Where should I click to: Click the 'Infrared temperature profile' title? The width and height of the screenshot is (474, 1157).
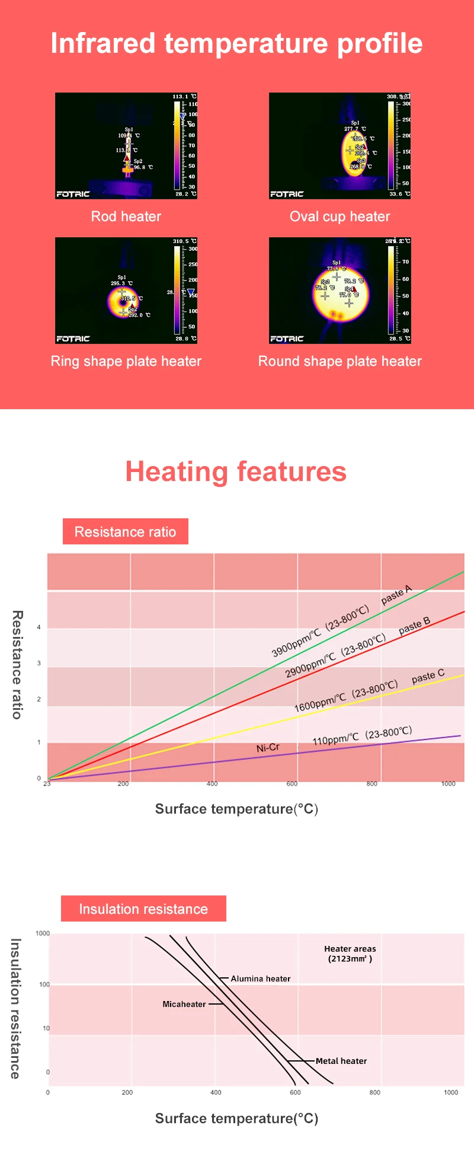coord(236,43)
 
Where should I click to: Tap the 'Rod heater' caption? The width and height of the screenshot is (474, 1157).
coord(126,216)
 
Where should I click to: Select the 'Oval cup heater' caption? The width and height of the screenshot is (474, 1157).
coord(340,216)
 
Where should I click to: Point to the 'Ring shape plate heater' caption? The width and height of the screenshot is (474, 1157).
coord(126,361)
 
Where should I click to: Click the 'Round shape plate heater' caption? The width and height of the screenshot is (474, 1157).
coord(340,361)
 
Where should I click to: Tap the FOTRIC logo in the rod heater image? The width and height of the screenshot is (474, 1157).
coord(73,194)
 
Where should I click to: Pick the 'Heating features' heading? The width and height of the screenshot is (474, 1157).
coord(236,472)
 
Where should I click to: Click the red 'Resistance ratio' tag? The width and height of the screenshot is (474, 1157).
coord(125,532)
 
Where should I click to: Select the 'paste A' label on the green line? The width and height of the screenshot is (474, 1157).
coord(396,595)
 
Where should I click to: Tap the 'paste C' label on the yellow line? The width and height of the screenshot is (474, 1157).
coord(428,676)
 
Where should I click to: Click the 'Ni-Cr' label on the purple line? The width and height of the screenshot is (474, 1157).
coord(268,748)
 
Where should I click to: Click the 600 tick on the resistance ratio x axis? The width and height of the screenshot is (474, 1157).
coord(292,784)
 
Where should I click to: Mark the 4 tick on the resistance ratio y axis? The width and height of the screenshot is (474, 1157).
coord(39,627)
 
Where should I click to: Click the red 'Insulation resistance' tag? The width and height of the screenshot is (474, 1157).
coord(143,909)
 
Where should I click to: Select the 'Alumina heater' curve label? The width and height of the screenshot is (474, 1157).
coord(261,978)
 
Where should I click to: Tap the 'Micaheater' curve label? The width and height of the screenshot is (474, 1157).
coord(184,1004)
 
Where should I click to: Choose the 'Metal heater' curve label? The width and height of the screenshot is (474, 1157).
coord(341,1061)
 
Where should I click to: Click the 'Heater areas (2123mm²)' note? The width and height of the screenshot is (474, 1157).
coord(350,954)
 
